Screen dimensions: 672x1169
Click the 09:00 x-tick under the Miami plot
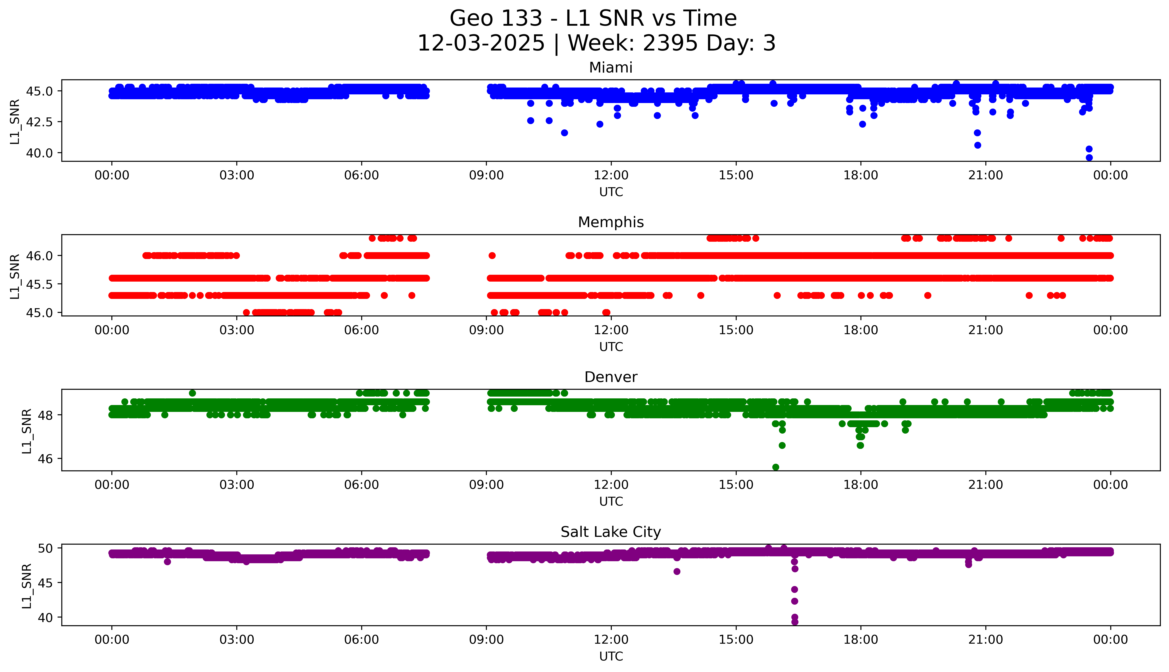pyautogui.click(x=486, y=175)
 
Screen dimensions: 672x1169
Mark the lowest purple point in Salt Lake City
pyautogui.click(x=794, y=622)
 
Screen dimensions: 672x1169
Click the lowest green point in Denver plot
pyautogui.click(x=775, y=467)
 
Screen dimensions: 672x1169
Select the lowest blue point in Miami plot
pyautogui.click(x=1089, y=157)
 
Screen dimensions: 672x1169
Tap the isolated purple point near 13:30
pyautogui.click(x=677, y=571)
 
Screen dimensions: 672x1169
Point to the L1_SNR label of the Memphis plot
pyautogui.click(x=15, y=276)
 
